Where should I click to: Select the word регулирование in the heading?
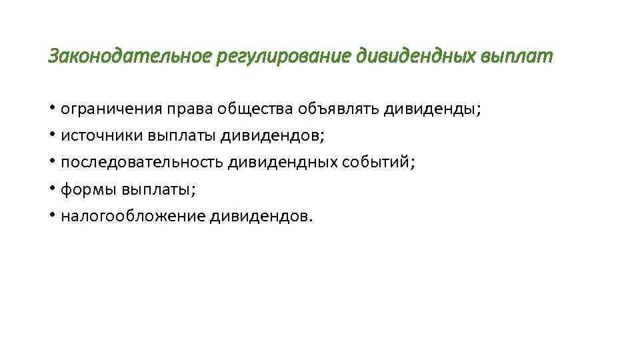284,57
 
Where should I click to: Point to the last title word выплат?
516,57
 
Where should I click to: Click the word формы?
89,189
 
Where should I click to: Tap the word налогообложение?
133,216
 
